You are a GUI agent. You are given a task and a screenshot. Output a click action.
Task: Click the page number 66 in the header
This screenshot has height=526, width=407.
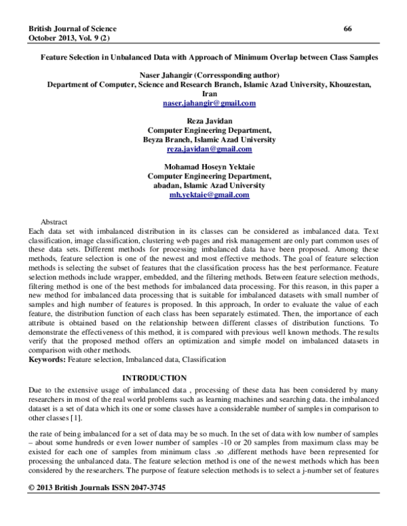(x=347, y=28)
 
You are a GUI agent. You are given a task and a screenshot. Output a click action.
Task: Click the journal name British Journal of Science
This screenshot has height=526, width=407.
(x=72, y=28)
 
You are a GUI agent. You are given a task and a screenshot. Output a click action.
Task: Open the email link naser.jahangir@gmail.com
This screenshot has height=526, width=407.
(x=209, y=103)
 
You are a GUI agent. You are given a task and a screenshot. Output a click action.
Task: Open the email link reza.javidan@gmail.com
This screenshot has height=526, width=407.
(x=209, y=149)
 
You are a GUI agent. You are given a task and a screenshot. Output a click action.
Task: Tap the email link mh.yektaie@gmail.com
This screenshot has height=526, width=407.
(x=209, y=195)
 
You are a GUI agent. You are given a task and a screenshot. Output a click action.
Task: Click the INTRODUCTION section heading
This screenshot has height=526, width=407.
(x=153, y=378)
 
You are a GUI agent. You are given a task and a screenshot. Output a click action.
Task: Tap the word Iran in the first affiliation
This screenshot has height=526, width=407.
(x=209, y=94)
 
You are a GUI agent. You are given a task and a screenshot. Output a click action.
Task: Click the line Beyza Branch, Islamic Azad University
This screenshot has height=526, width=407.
(x=209, y=140)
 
